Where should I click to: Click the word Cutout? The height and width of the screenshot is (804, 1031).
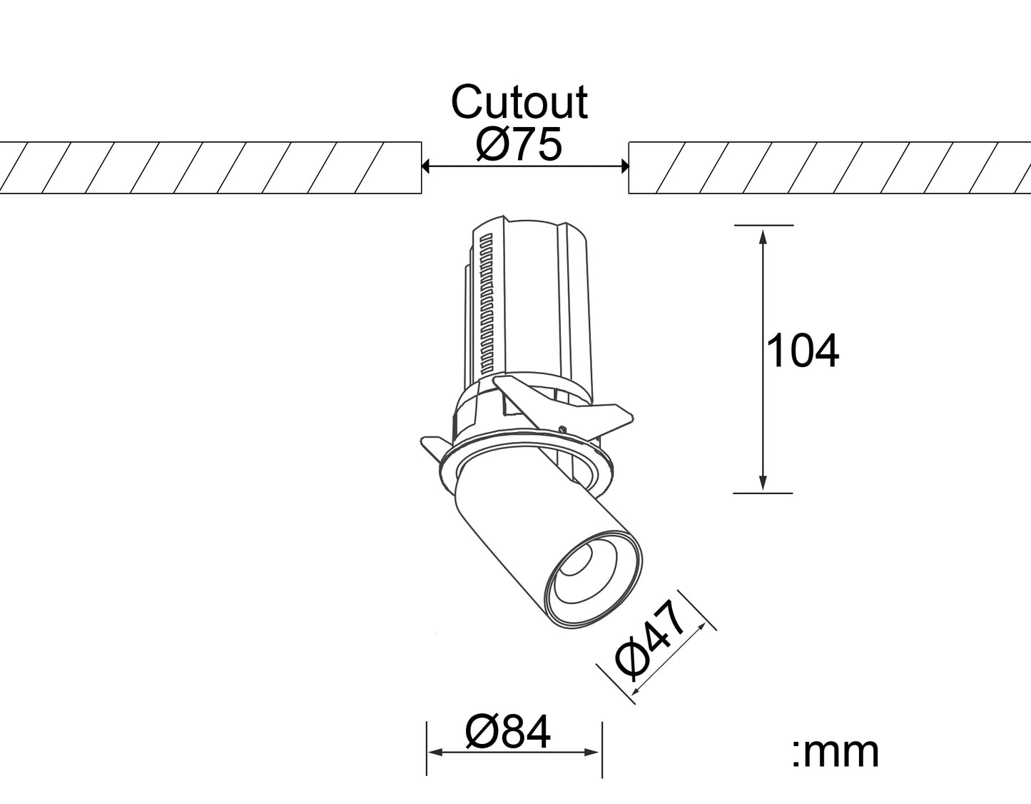(x=519, y=103)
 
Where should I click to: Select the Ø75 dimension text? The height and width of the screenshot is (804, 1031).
(x=519, y=144)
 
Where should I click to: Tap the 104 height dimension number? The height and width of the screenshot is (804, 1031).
(x=802, y=351)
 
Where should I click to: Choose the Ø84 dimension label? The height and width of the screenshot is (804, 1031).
(x=508, y=733)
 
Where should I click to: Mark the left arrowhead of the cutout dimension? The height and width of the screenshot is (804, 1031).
(x=425, y=166)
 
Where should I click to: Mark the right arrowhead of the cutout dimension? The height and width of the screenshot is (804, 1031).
(x=625, y=166)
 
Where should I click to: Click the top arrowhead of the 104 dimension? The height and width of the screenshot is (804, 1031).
(x=763, y=236)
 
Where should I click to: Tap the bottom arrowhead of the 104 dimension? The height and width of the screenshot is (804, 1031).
(x=763, y=483)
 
